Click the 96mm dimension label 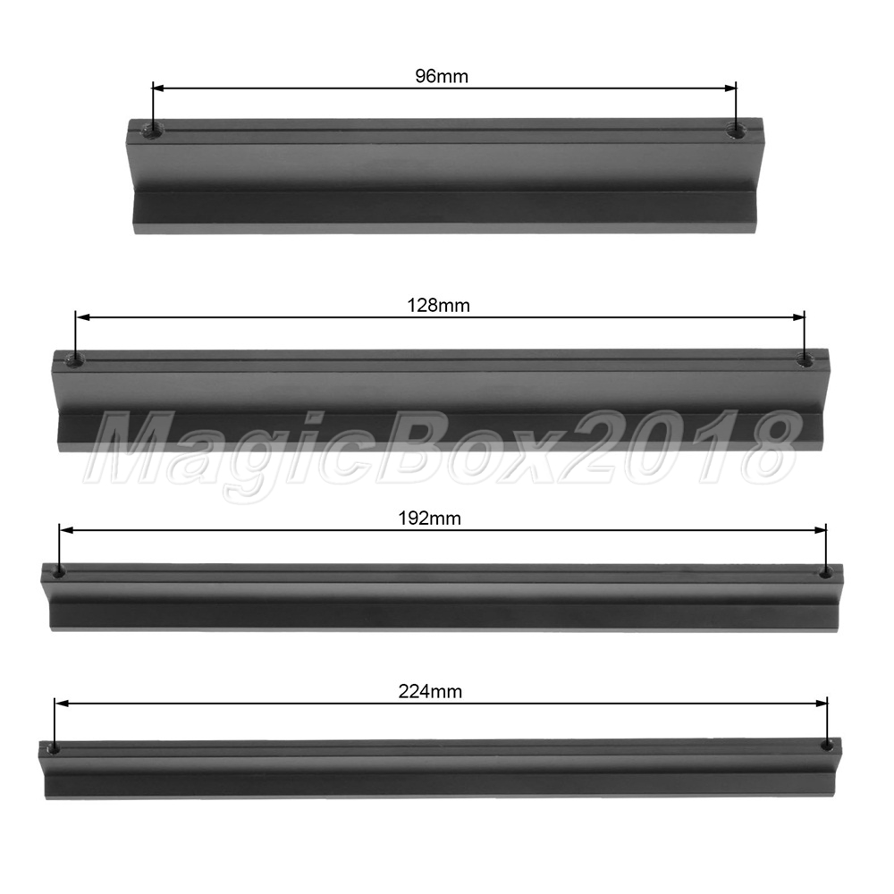(x=442, y=76)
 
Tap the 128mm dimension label (x=438, y=306)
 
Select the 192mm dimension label (x=429, y=519)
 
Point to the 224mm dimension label (x=430, y=692)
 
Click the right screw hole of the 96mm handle (x=736, y=131)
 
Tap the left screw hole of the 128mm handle (x=75, y=359)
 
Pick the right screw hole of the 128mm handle (x=804, y=359)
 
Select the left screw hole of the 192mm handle (x=59, y=571)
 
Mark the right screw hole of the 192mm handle (x=825, y=572)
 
